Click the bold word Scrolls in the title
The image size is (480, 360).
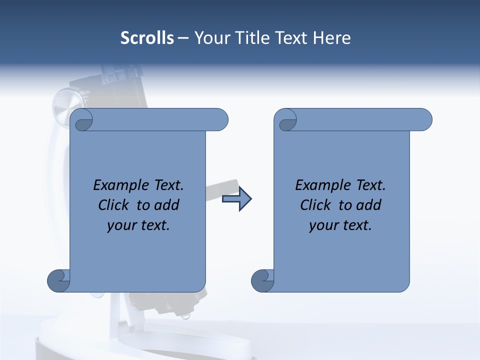click(147, 38)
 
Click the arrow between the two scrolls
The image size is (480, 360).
click(236, 199)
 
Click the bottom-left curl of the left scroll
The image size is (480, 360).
click(58, 280)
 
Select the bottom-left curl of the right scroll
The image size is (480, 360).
click(262, 280)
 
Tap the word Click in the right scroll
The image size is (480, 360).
click(316, 205)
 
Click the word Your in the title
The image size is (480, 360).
click(211, 38)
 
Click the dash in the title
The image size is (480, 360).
click(183, 38)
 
